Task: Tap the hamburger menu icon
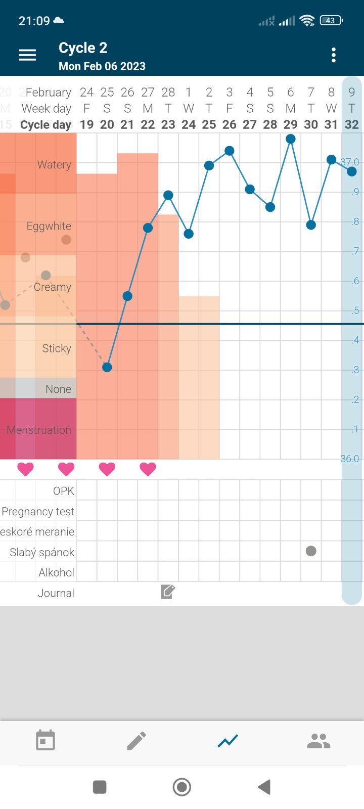click(x=27, y=55)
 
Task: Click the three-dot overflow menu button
click(x=334, y=55)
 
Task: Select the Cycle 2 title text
click(x=83, y=48)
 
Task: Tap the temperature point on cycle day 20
click(x=107, y=368)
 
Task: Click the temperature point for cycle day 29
click(x=291, y=139)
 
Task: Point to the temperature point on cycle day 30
click(x=311, y=225)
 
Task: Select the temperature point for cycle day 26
click(x=230, y=151)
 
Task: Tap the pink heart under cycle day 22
click(x=148, y=469)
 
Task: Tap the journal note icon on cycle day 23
click(x=168, y=592)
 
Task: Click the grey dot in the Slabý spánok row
click(x=311, y=551)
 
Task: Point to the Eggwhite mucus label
click(x=49, y=226)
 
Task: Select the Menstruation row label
click(x=39, y=430)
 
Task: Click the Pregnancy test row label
click(x=38, y=512)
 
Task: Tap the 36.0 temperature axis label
click(x=349, y=459)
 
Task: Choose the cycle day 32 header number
click(x=352, y=125)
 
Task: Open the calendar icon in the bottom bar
click(x=45, y=741)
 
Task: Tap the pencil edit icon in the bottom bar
click(x=136, y=741)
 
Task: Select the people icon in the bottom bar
click(x=318, y=741)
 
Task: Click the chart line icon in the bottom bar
click(x=227, y=741)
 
